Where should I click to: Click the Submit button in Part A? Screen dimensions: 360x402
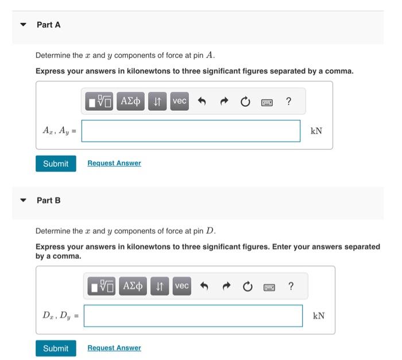click(x=56, y=164)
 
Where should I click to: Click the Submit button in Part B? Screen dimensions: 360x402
click(x=56, y=349)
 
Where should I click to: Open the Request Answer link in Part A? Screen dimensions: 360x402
click(x=114, y=163)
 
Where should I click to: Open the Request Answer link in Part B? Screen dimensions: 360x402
click(x=114, y=348)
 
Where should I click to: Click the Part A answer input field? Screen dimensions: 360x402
click(x=191, y=131)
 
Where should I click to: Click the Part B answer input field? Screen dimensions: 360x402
click(x=193, y=316)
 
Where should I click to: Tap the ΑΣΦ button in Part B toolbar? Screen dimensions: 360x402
click(x=133, y=286)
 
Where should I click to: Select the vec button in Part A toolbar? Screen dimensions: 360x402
click(x=180, y=102)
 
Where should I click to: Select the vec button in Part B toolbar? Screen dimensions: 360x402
click(x=181, y=286)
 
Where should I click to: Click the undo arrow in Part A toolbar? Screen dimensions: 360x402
click(x=202, y=102)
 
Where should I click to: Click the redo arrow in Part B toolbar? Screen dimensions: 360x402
click(x=225, y=286)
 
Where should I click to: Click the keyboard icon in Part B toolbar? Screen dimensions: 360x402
click(x=269, y=286)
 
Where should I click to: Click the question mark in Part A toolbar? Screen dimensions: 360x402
click(x=288, y=102)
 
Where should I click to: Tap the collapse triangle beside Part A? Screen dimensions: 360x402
click(x=23, y=25)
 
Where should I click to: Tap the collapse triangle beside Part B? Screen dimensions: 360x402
click(x=23, y=200)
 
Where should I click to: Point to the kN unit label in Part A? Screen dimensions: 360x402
click(x=316, y=131)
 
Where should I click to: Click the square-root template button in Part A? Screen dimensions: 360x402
click(x=100, y=102)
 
